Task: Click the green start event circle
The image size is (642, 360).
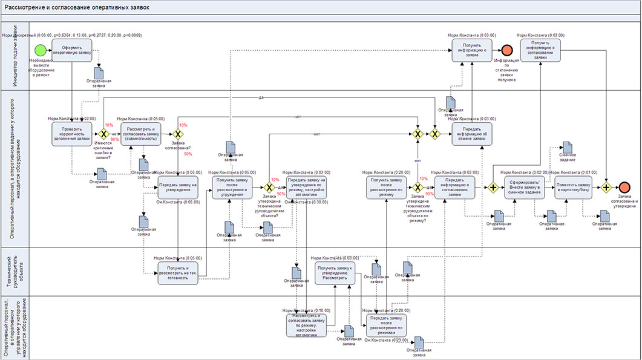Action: (x=40, y=50)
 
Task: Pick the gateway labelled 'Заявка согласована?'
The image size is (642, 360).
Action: (x=178, y=134)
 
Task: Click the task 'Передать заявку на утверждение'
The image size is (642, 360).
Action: (x=178, y=188)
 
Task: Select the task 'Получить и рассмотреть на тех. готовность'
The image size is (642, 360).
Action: (x=178, y=273)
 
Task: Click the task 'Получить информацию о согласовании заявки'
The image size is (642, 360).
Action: (x=539, y=50)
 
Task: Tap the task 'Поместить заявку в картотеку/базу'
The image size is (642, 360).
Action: (x=575, y=188)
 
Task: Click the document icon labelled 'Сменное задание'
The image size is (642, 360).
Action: (x=568, y=147)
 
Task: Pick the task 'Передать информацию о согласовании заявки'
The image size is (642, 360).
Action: (x=455, y=188)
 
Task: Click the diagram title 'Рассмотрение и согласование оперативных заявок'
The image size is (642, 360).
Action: (x=76, y=7)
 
